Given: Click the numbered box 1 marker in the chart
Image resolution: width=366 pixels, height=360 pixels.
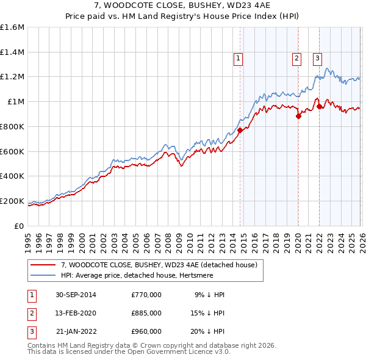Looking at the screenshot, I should (x=237, y=59).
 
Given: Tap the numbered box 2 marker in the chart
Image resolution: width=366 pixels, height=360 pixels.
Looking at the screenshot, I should (x=296, y=59).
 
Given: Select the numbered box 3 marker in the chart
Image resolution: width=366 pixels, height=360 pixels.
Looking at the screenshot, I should (x=317, y=59).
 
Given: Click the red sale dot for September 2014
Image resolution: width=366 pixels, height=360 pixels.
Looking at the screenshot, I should (x=240, y=129).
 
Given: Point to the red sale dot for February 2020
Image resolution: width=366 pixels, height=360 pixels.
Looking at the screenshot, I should (x=298, y=115).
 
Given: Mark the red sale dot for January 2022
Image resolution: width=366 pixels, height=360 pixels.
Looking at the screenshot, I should (x=319, y=106).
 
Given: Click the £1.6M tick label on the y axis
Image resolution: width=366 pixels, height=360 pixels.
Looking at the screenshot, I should (x=12, y=27).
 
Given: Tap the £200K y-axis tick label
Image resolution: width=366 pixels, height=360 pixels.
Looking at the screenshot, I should (x=12, y=201).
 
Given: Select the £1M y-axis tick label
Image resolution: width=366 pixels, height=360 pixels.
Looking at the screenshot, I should (x=16, y=102).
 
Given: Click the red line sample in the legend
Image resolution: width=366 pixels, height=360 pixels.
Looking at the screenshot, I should (x=43, y=265).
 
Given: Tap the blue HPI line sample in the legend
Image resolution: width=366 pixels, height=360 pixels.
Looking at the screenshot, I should (x=43, y=275).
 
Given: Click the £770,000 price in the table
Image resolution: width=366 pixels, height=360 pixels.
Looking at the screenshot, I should (x=146, y=294).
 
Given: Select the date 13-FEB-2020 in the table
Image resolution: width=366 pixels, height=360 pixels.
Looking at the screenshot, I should (x=76, y=312).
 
